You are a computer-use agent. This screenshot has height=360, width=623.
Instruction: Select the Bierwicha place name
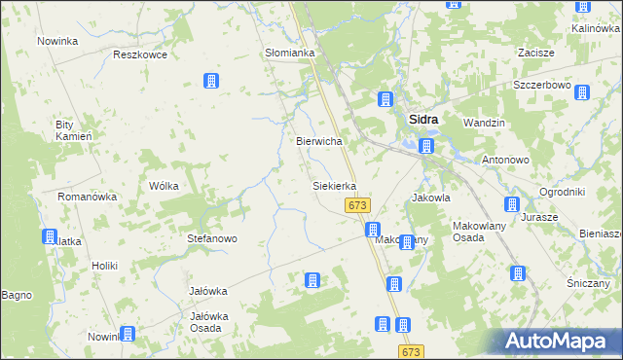point(318,141)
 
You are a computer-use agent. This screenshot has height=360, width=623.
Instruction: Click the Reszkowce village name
point(140,54)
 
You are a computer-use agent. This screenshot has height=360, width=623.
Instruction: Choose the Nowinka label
point(57,41)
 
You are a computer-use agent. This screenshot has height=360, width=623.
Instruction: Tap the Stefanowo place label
point(212,237)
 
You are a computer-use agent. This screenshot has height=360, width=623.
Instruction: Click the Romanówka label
point(87,197)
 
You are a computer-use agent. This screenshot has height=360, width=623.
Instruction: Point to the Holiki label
point(104,266)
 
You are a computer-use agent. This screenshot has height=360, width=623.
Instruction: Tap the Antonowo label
point(504,159)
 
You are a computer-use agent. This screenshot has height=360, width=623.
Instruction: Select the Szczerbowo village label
point(541,85)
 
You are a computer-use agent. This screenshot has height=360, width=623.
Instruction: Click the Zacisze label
point(536,53)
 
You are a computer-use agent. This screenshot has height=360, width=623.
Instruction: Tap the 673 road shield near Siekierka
point(357,205)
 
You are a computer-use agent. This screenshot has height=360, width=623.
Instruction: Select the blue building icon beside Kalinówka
point(583,7)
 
